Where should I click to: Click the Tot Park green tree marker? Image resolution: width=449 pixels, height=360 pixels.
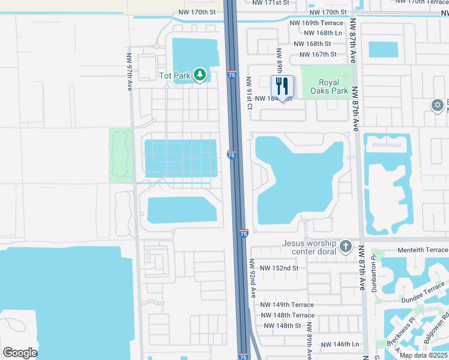coord(199,76)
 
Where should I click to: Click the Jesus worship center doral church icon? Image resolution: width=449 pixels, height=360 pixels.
coord(345,247)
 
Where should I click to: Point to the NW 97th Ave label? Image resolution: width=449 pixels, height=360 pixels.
coord(129,73)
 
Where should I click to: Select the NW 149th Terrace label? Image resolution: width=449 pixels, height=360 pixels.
coord(287,305)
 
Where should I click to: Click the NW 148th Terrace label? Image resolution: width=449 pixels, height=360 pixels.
coord(287,315)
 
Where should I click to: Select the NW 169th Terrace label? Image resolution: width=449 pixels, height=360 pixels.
coord(316,23)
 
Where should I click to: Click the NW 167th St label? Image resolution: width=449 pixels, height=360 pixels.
coord(315,54)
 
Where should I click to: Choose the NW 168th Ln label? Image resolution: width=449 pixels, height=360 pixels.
coord(322,33)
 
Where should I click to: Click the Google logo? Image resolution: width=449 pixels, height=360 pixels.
coord(20,353)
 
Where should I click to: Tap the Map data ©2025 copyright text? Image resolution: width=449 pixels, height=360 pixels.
coord(423,355)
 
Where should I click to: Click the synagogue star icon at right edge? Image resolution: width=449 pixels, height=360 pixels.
coord(438,106)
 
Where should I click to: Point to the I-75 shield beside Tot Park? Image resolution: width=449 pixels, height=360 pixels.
coord(232,74)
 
